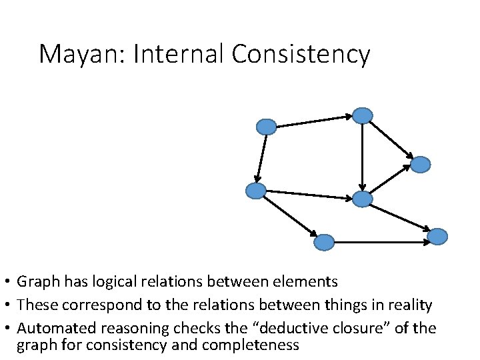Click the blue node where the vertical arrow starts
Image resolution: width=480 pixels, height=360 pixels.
coord(362,116)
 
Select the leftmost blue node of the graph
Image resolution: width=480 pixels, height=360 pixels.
coord(256,191)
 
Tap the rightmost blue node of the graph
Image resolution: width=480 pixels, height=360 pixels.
coord(437,236)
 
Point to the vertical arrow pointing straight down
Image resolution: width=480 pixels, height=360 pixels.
coord(362,157)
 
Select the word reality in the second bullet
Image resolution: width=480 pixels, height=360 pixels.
coord(409,305)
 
